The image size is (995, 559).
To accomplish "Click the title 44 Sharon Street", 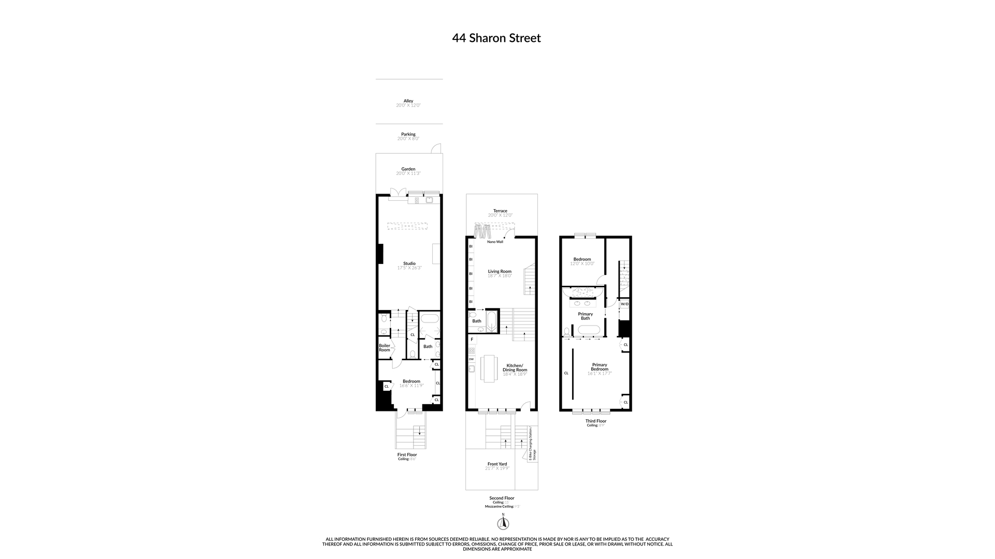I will pos(496,38).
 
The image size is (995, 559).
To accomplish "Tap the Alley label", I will pos(408,101).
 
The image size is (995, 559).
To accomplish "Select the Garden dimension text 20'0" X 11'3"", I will pos(408,173).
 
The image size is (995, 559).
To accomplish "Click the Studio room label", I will pos(409,263).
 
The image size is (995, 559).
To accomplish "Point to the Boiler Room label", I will pos(384,348).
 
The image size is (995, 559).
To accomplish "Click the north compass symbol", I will pos(503,524).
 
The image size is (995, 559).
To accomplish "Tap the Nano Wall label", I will pos(495,242).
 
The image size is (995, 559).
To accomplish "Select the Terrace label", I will pos(500,211).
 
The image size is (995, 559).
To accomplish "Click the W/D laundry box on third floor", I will pos(624,304).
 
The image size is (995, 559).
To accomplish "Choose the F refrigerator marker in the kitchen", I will pos(472,340).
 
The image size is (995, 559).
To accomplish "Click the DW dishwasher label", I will pos(471,359).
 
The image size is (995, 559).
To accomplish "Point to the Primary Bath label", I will pos(585,316).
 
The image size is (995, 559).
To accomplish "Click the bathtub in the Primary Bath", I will pos(589,330).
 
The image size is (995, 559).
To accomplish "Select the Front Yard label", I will pos(497,464).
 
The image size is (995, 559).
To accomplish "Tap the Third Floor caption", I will pos(595,421).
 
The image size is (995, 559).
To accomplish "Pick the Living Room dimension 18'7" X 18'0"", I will pos(500,276).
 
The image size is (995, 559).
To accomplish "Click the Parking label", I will pos(408,134).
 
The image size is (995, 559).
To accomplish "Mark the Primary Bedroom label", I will pos(600,367).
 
